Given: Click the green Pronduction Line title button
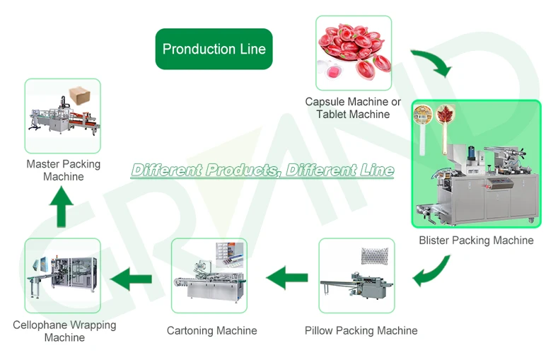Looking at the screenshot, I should (214, 50).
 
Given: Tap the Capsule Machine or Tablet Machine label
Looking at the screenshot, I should (353, 108).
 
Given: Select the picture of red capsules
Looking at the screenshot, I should (353, 53).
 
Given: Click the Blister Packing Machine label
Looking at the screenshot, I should (476, 240).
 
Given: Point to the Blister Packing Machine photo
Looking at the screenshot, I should (476, 164).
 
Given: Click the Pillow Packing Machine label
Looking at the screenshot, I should (361, 330).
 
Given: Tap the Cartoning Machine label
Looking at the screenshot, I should (211, 330).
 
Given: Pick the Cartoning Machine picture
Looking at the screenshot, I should (209, 276).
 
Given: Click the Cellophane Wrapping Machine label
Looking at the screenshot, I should (64, 331).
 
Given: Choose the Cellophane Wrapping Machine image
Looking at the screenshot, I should (62, 276).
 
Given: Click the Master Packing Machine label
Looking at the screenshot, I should (64, 170).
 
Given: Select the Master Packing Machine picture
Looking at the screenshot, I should (62, 116).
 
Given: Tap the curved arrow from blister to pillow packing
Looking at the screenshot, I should (433, 271).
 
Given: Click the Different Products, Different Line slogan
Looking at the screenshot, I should (262, 170).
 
